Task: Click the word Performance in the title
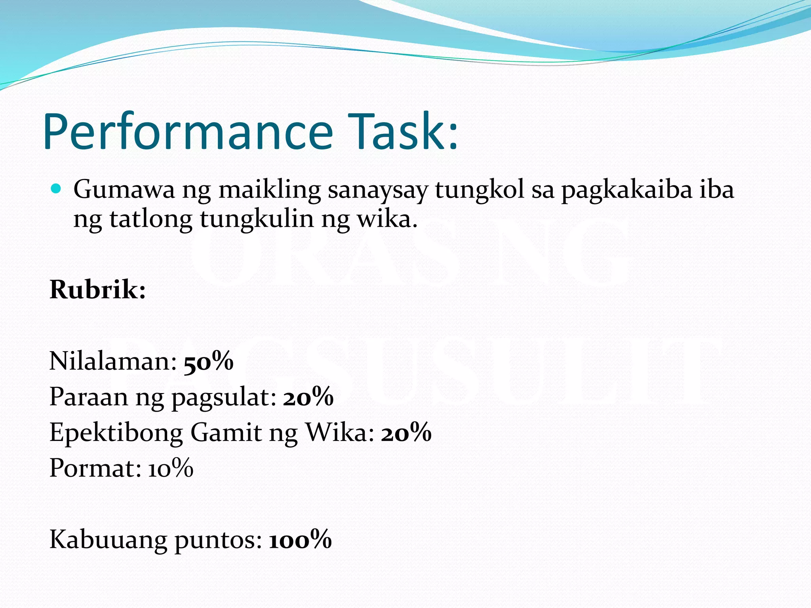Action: coord(188,132)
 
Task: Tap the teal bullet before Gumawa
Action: coord(56,188)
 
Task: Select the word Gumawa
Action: coord(124,189)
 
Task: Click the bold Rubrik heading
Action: coord(97,289)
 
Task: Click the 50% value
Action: coord(208,361)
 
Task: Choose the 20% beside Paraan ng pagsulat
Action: coord(308,397)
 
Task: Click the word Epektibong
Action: coord(116,433)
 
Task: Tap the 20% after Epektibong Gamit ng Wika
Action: coord(406,432)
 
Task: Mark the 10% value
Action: coord(171,468)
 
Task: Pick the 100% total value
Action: coord(300,539)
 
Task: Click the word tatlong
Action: coord(150,219)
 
